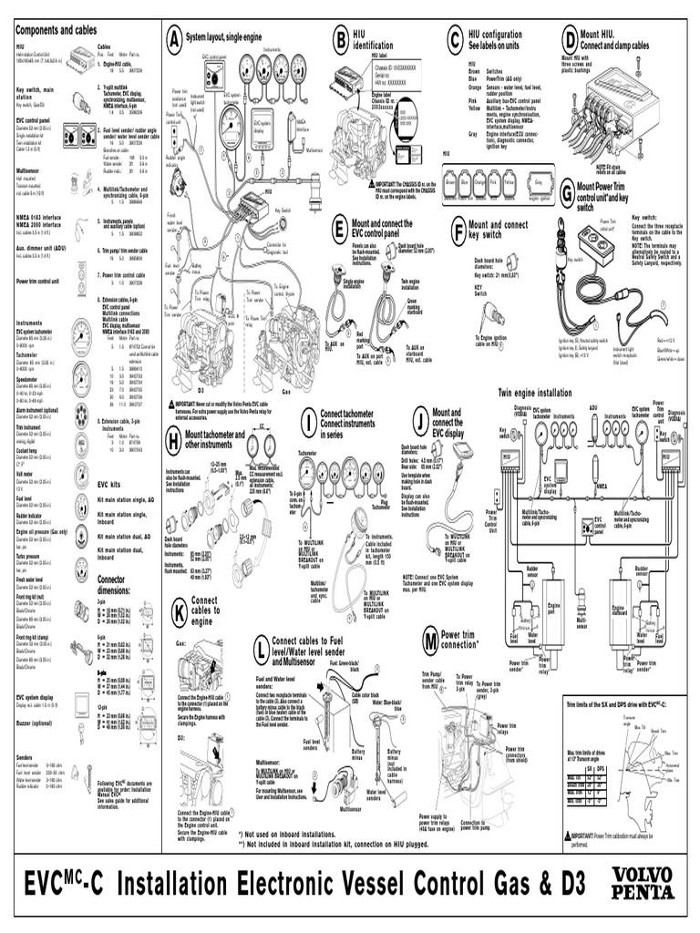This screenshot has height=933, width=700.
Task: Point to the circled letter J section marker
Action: click(x=420, y=420)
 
